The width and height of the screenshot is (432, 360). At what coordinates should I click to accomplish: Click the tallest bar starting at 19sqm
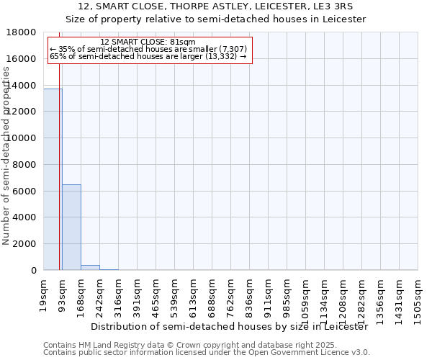(53, 180)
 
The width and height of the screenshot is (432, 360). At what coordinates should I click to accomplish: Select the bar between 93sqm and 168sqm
(71, 228)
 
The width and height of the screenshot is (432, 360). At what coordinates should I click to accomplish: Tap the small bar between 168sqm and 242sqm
(90, 268)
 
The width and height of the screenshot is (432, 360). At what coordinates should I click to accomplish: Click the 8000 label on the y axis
(26, 165)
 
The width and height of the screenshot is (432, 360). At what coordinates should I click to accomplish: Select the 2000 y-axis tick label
(26, 244)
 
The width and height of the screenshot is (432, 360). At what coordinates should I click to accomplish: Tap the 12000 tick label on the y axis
(23, 112)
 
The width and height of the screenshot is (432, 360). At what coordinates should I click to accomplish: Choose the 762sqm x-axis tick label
(231, 294)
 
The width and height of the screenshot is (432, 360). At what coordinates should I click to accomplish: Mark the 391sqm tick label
(138, 294)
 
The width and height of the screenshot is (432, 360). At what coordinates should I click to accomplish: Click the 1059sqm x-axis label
(306, 297)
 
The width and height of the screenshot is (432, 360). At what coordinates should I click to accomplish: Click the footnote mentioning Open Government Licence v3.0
(207, 353)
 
